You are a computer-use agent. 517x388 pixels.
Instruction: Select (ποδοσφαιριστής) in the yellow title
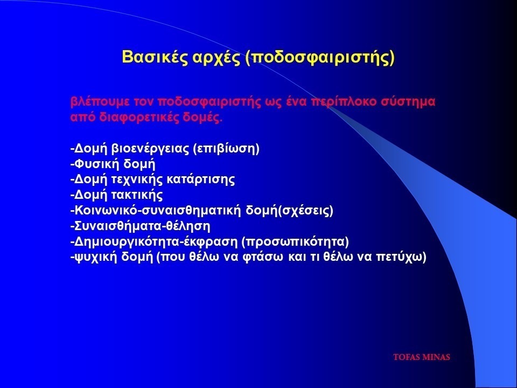[320, 58]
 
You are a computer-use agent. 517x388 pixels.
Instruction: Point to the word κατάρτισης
[201, 179]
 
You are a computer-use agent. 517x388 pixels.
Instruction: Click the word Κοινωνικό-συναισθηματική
[158, 211]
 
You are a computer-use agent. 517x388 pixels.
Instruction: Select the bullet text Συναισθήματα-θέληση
[141, 226]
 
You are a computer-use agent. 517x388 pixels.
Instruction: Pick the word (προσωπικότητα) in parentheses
[295, 241]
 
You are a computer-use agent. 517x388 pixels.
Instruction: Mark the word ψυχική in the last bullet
[96, 257]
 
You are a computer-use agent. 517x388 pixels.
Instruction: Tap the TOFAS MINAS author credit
[422, 357]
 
